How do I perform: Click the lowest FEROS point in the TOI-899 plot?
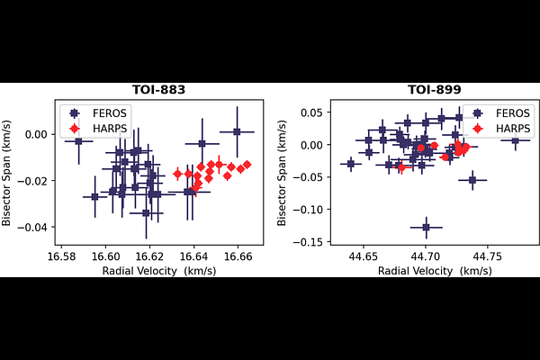tap(427, 227)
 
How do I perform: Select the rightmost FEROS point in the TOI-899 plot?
tap(515, 140)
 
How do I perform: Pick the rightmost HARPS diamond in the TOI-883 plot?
tap(247, 165)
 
